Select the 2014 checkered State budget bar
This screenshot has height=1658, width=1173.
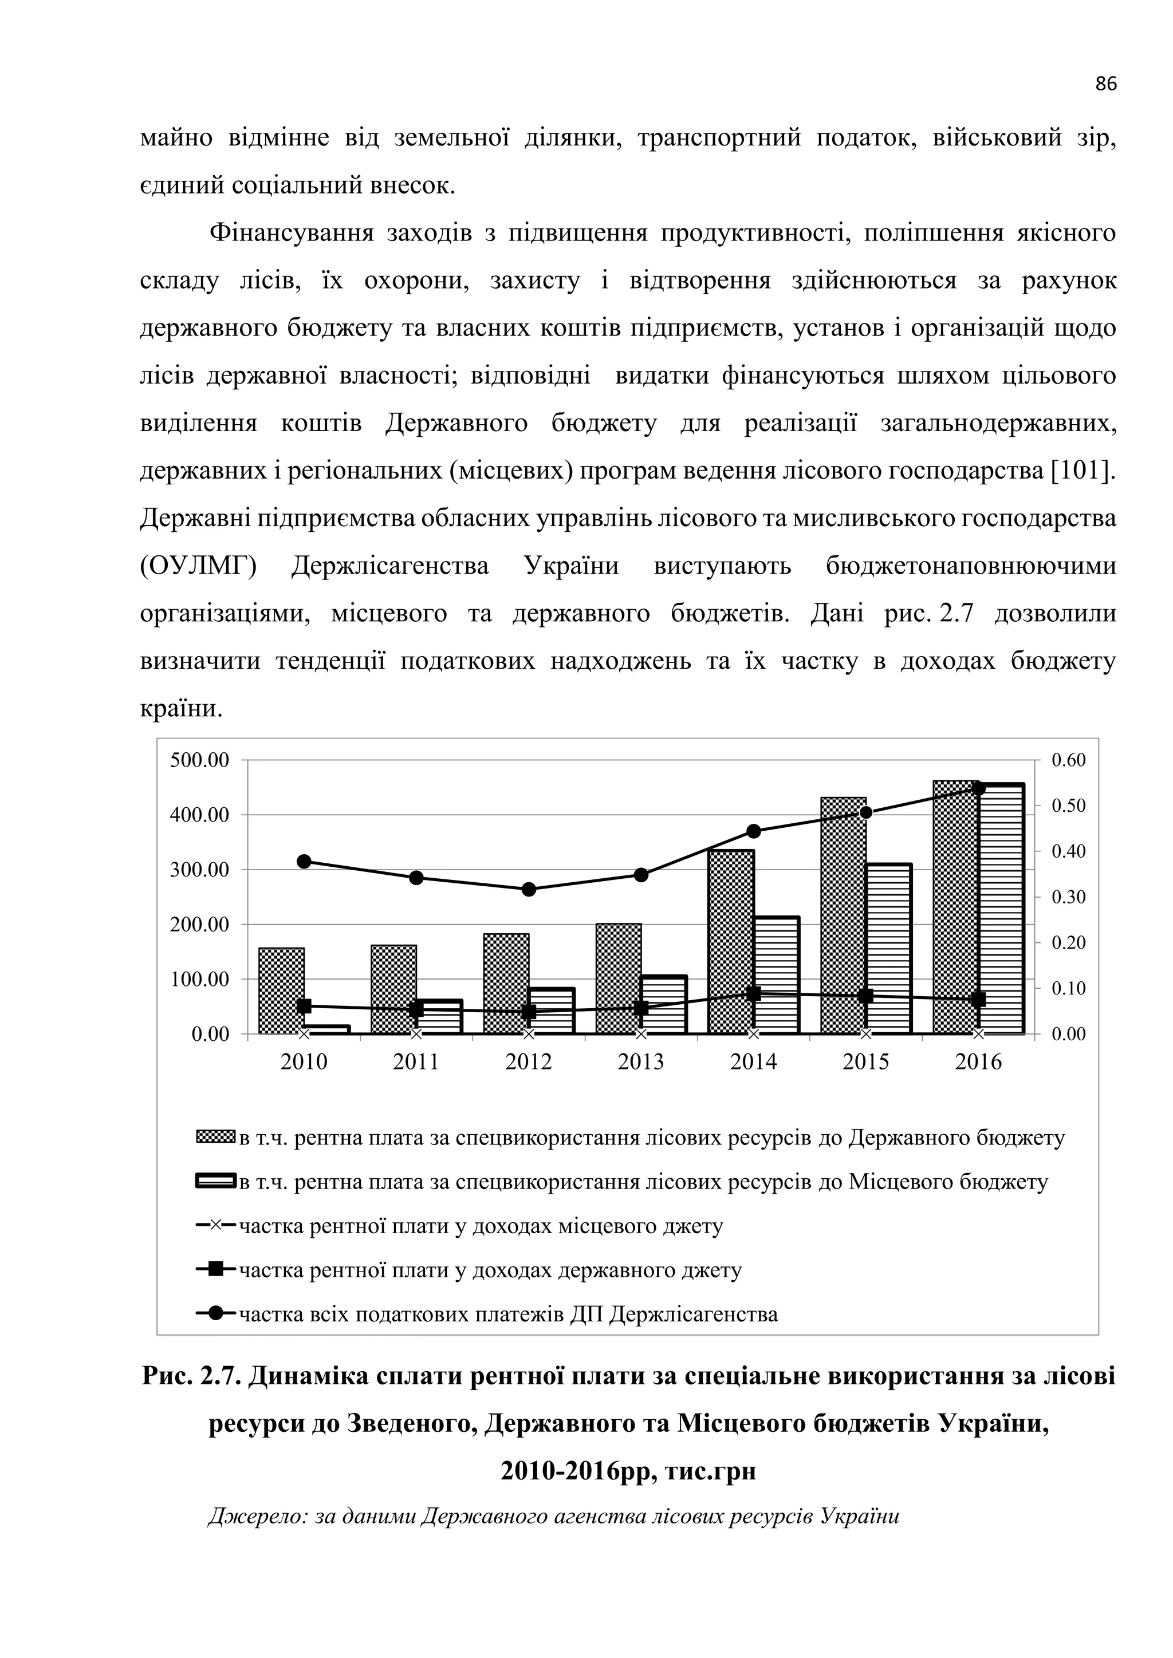[x=731, y=942]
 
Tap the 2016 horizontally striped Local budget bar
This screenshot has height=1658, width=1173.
[x=1001, y=910]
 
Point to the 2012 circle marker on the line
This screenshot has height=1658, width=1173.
[x=529, y=889]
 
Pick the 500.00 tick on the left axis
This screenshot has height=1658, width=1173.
[x=199, y=760]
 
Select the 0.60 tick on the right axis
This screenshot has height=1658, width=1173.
[x=1068, y=760]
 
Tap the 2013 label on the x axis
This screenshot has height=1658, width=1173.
[x=641, y=1062]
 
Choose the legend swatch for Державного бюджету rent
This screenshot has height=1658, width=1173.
[x=216, y=1138]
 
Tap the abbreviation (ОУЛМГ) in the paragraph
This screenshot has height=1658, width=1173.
[x=198, y=566]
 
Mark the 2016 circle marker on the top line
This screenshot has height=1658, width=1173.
[x=979, y=788]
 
